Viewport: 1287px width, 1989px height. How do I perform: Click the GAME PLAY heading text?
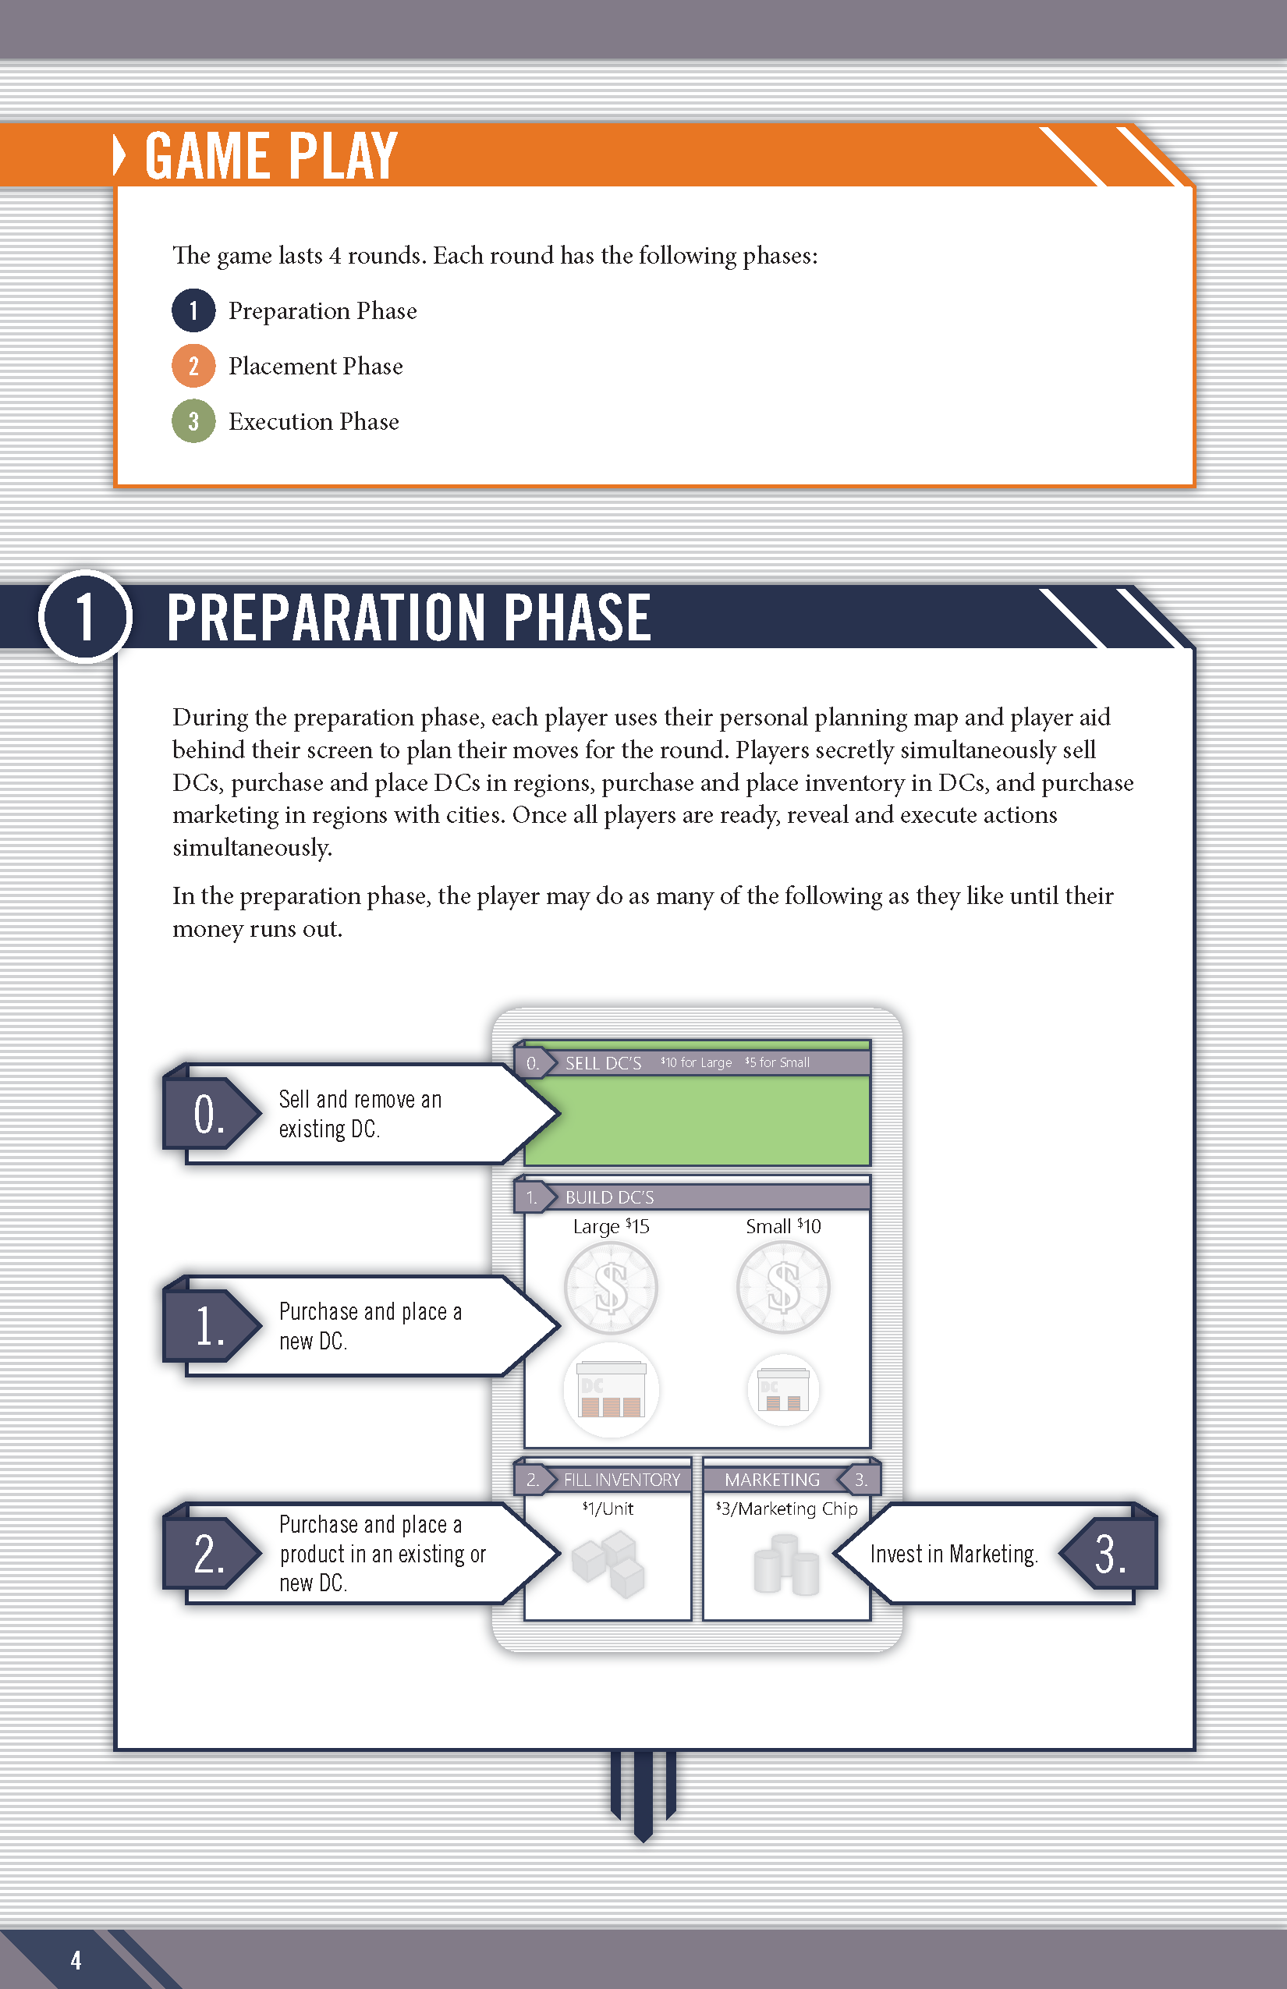pos(271,156)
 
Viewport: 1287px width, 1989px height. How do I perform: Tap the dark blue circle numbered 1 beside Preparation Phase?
pos(193,311)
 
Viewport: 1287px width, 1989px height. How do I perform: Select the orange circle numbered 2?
pos(193,366)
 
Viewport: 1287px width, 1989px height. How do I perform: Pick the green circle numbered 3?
pos(193,421)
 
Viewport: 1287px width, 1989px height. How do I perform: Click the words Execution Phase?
pos(314,421)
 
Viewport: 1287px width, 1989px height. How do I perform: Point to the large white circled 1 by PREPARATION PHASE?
pos(85,617)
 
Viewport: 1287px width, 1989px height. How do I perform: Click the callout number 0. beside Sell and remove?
pos(208,1115)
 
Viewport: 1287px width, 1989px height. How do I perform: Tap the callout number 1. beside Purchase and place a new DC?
pos(208,1326)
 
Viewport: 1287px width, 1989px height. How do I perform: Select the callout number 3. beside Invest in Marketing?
pos(1110,1555)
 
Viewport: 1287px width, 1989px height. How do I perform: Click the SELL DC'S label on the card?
pos(602,1063)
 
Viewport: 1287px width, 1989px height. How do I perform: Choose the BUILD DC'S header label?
pos(609,1197)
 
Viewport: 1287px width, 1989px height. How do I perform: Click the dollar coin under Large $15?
pos(611,1288)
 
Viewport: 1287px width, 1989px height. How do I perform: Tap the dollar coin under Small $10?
pos(783,1287)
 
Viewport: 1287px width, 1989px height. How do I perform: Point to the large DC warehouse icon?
pos(612,1390)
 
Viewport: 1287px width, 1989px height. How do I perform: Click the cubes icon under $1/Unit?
pos(609,1564)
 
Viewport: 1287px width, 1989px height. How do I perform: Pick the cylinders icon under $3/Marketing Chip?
pos(785,1565)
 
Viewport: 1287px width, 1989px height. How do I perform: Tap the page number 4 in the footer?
pos(76,1959)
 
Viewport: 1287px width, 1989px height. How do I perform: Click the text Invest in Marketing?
pos(953,1555)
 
